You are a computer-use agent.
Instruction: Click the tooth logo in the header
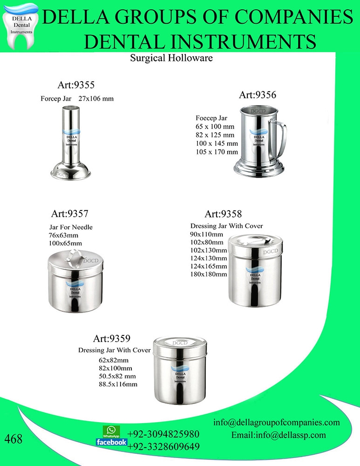20,24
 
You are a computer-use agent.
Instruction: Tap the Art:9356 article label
258,95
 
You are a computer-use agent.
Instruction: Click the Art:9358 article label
223,214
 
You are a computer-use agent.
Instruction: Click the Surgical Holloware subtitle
171,59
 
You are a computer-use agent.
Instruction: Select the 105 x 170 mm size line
217,152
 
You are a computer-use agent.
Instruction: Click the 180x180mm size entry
209,274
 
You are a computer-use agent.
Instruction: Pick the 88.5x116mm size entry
118,384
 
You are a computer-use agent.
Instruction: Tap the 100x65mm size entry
66,243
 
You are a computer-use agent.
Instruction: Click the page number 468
14,439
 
